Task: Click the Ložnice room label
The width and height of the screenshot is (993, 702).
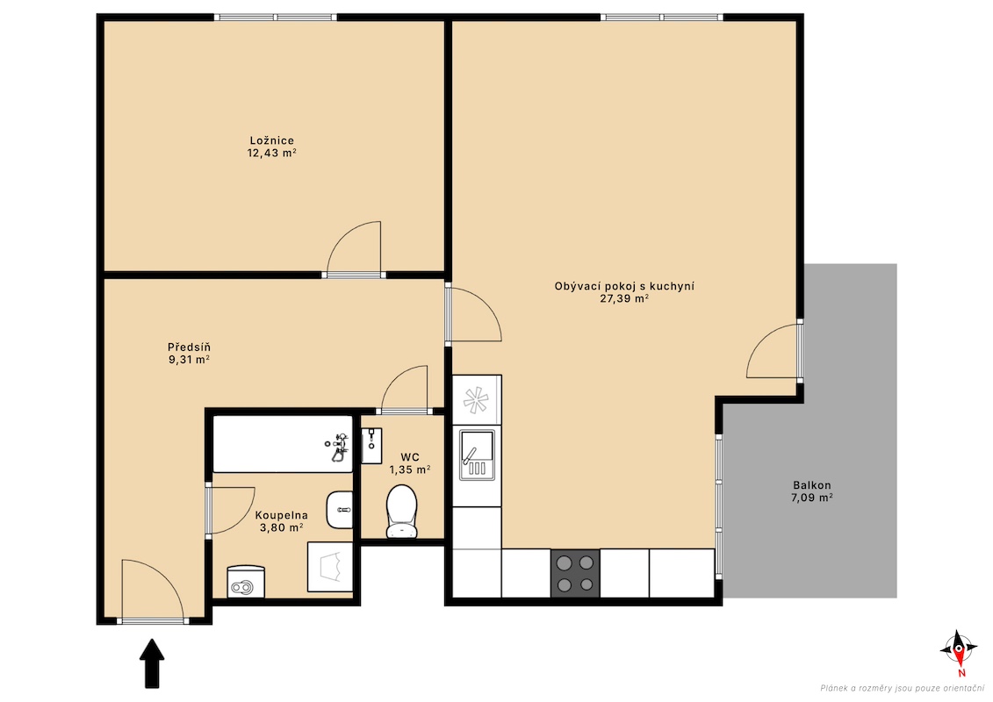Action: tap(271, 140)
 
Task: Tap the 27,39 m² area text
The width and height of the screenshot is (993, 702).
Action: tap(623, 298)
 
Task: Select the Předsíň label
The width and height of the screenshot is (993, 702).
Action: tap(189, 347)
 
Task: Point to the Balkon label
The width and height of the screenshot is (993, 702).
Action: tap(812, 485)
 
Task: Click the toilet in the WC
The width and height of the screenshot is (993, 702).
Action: tap(401, 511)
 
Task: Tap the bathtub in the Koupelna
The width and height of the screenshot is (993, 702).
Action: tap(283, 444)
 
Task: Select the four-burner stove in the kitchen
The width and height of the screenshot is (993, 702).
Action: tap(575, 573)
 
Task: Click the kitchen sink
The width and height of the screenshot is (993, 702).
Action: tap(477, 455)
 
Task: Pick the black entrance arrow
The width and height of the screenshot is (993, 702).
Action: tap(152, 663)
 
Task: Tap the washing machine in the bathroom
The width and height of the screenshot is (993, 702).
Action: tap(330, 567)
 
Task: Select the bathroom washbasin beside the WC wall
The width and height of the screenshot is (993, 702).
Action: tap(340, 510)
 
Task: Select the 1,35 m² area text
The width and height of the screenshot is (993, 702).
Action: tap(410, 469)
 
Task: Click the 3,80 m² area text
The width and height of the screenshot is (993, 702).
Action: tap(281, 527)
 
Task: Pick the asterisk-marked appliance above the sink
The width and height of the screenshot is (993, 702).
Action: tap(477, 400)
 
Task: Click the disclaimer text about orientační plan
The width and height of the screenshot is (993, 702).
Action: tap(903, 688)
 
